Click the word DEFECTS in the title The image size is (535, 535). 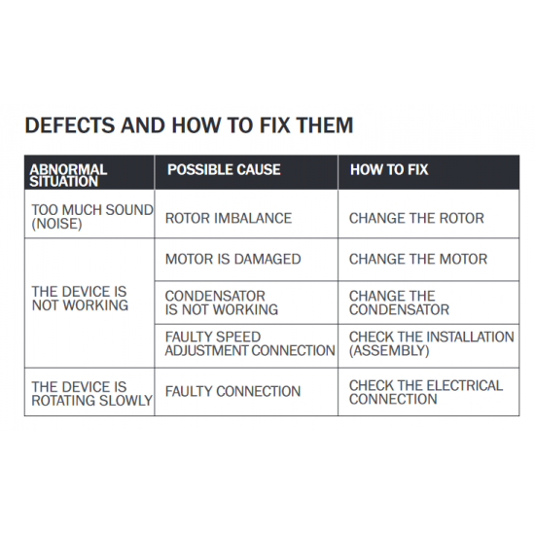tap(70, 125)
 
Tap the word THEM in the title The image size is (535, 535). tap(325, 125)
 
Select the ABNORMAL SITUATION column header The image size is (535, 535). tap(68, 175)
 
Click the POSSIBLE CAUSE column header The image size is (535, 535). tap(224, 169)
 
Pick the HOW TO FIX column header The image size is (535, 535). tap(389, 169)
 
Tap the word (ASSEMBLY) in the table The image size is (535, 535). tap(389, 351)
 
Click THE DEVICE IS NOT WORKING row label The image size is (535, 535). tap(80, 299)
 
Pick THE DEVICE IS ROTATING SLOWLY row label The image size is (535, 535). tap(91, 394)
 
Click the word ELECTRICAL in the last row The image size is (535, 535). tap(464, 385)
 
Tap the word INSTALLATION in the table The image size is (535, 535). tap(470, 337)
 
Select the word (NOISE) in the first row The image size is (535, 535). tap(56, 224)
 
